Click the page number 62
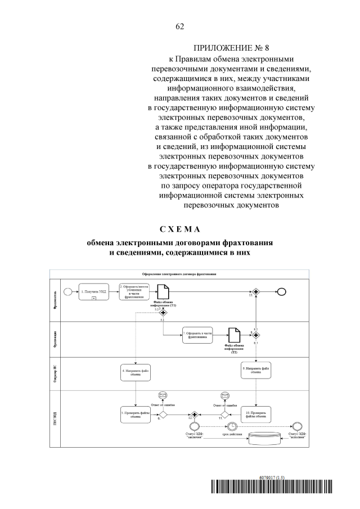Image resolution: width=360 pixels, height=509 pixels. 180,26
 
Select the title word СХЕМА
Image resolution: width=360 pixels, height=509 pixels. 179,230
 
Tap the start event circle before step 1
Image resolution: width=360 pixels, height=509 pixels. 69,291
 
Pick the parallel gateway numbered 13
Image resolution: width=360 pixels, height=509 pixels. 256,291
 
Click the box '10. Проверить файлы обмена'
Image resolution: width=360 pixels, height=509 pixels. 256,415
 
